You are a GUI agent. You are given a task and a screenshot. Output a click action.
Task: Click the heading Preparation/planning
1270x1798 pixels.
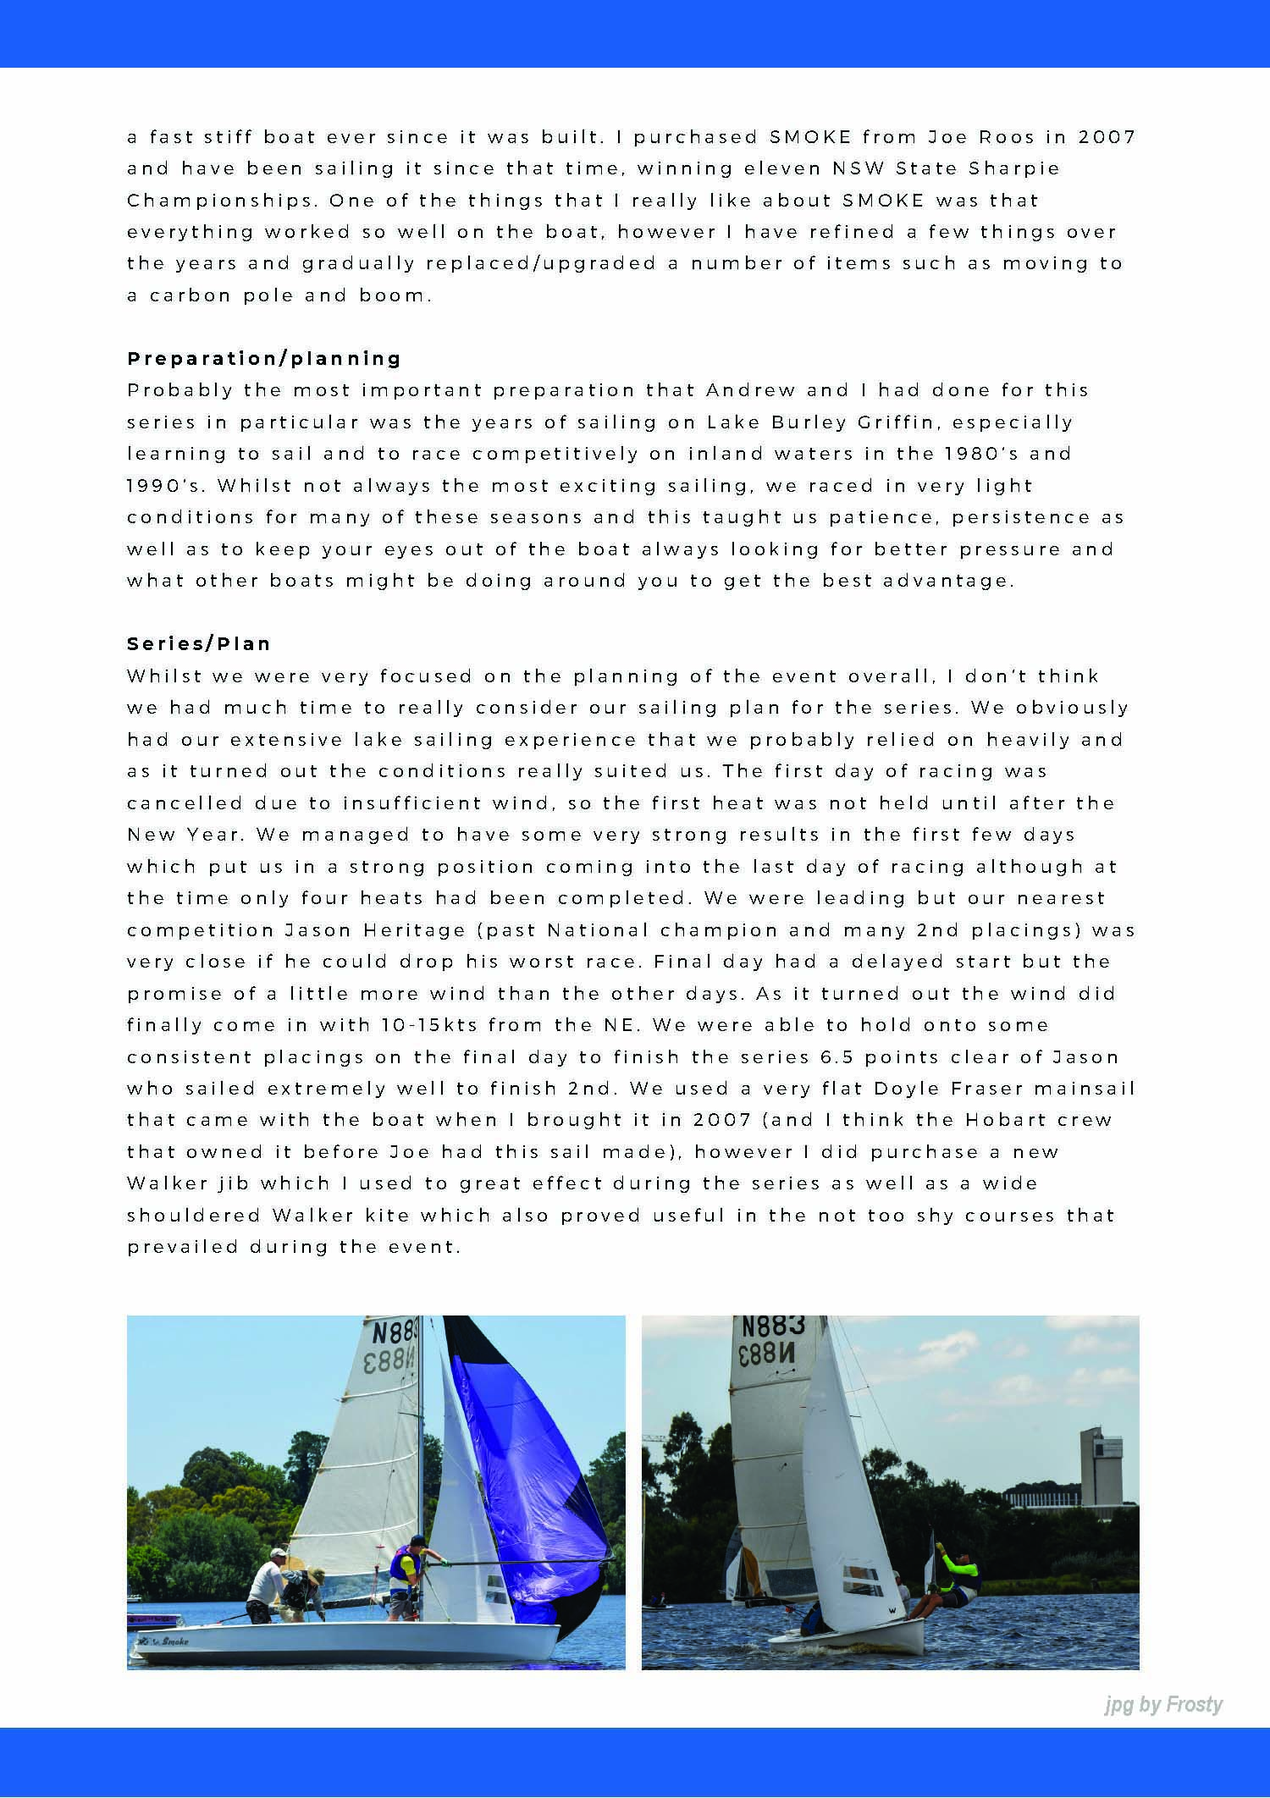(264, 358)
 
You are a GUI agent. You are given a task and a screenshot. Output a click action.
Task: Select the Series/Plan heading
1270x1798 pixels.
(199, 643)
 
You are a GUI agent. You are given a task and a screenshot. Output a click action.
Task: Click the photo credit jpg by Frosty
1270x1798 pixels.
(1163, 1704)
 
